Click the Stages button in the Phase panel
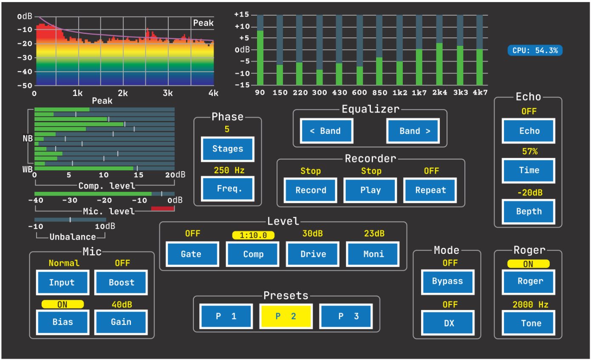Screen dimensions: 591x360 point(227,149)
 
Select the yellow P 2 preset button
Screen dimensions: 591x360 point(286,316)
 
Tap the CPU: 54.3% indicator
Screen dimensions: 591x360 point(535,51)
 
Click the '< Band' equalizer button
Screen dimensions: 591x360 point(326,131)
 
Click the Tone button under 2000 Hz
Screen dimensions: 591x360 point(529,323)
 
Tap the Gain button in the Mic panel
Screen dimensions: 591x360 point(121,322)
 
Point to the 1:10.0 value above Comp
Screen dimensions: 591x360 point(253,235)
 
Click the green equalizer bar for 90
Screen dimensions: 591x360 point(260,58)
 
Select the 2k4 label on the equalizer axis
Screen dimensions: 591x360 point(440,93)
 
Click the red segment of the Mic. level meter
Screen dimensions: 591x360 point(163,209)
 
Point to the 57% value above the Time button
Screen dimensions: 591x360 point(529,152)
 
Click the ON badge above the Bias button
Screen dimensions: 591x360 point(62,304)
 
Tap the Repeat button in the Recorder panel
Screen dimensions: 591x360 point(430,190)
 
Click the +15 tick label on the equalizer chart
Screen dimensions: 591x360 point(242,14)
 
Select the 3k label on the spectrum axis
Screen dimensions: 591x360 point(167,93)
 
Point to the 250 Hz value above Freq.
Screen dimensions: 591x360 point(229,170)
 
